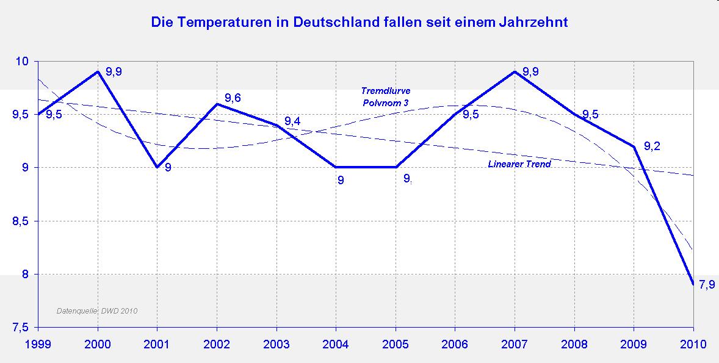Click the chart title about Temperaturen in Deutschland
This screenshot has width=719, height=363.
point(359,23)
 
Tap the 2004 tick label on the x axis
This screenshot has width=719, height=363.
point(336,344)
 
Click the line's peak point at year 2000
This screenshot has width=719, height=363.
point(98,72)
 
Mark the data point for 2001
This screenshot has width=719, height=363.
point(157,167)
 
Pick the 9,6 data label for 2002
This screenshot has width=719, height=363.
point(233,98)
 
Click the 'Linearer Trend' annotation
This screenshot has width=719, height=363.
point(519,164)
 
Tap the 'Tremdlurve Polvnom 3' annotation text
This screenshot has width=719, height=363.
point(385,97)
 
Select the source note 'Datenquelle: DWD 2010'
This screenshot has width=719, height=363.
point(97,311)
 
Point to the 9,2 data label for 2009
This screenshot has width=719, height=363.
point(652,146)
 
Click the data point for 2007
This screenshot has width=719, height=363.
point(515,72)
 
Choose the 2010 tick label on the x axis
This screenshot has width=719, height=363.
point(693,344)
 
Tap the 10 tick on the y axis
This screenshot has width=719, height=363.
point(23,62)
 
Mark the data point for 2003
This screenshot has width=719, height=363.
point(276,125)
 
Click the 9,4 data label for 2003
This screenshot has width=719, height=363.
point(292,121)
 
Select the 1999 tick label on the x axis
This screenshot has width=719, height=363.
point(38,344)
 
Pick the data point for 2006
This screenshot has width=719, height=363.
point(455,114)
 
